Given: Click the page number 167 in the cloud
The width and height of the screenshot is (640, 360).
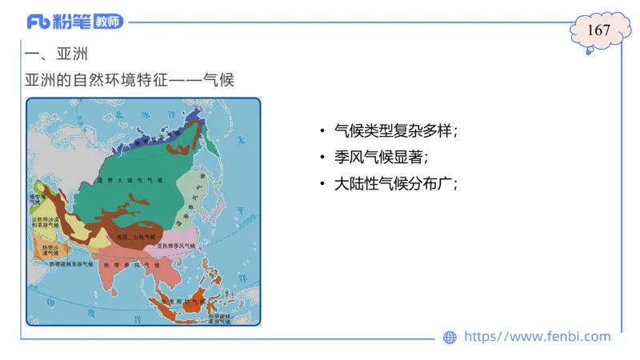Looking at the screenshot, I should pyautogui.click(x=598, y=30).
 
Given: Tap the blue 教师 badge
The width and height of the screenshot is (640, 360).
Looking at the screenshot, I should pyautogui.click(x=109, y=22).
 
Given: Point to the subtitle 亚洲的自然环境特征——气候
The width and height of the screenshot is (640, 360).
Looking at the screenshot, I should pyautogui.click(x=130, y=81).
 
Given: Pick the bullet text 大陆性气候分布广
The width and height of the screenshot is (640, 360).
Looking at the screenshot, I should pyautogui.click(x=395, y=183).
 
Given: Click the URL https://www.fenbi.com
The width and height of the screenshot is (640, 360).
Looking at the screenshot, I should pyautogui.click(x=538, y=337).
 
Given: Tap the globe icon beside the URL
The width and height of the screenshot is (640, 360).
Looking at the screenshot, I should pyautogui.click(x=450, y=338).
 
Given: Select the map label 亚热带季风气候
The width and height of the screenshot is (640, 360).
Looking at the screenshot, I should pyautogui.click(x=180, y=245).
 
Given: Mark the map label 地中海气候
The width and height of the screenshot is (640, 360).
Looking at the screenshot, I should pyautogui.click(x=36, y=198).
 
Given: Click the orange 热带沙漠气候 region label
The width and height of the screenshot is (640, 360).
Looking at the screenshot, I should pyautogui.click(x=50, y=250).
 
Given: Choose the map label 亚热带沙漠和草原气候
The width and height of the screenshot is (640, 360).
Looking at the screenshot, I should pyautogui.click(x=44, y=223).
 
